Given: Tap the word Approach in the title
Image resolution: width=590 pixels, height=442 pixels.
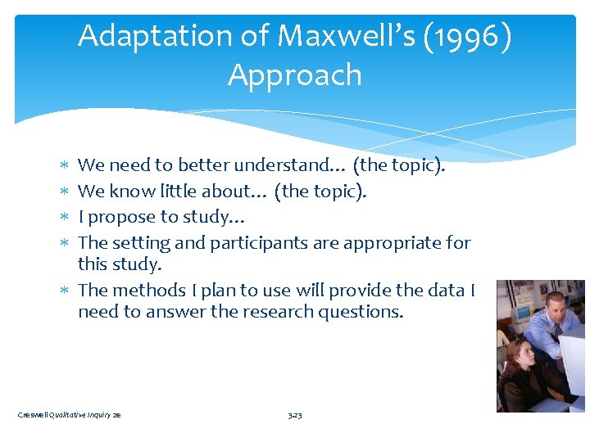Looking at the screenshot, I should click(295, 74).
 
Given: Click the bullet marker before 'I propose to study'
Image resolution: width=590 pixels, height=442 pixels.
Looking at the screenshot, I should click(67, 218).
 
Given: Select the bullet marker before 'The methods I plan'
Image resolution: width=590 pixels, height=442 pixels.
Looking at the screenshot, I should click(67, 291).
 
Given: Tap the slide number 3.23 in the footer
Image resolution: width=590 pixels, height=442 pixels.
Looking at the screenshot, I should click(295, 416).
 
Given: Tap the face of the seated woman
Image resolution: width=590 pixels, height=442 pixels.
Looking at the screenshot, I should click(520, 355).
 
